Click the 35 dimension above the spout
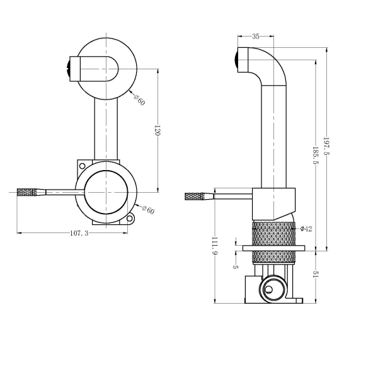click(x=256, y=37)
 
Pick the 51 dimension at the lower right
click(x=316, y=275)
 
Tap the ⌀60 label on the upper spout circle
click(x=139, y=99)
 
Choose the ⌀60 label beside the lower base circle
click(x=146, y=210)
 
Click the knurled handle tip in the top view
click(x=29, y=192)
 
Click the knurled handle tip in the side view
click(x=197, y=197)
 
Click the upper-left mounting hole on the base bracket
click(x=81, y=165)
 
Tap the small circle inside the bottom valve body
click(x=270, y=290)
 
